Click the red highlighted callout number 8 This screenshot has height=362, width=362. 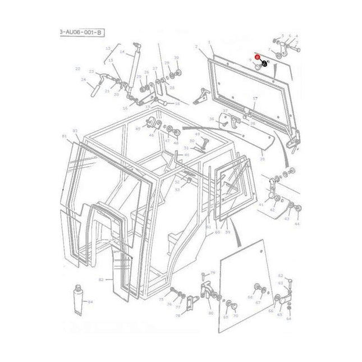[x=258, y=57]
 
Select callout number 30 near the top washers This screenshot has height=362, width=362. [x=176, y=58]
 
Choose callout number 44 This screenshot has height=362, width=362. [x=297, y=223]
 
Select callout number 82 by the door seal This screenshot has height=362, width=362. [x=101, y=279]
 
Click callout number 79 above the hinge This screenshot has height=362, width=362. [x=212, y=273]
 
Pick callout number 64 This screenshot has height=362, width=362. [x=288, y=319]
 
